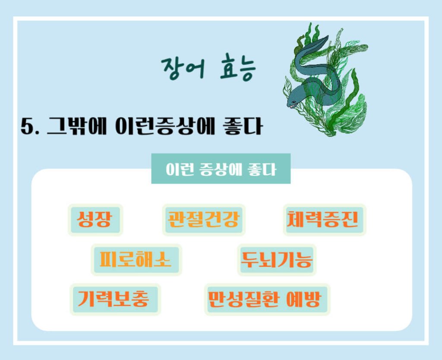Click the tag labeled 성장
[x=95, y=220]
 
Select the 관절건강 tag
[x=203, y=220]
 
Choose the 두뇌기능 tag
[x=277, y=259]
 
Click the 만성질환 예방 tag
[x=267, y=299]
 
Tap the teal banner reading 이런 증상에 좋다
[x=221, y=169]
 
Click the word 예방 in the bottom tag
[x=307, y=299]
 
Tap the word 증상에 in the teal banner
[x=214, y=169]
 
